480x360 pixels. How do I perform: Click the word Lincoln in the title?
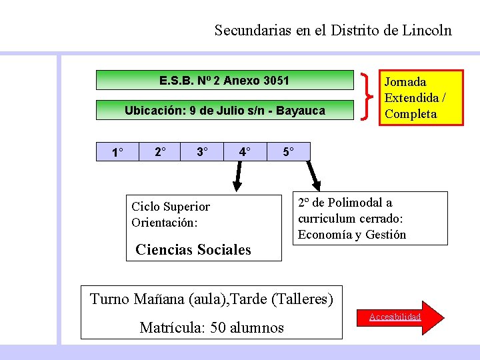(x=427, y=30)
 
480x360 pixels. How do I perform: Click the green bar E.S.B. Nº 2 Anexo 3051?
(x=225, y=81)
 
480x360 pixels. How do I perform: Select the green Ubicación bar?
(x=225, y=111)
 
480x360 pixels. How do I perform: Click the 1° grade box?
(x=117, y=153)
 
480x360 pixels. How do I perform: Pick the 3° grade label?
(x=202, y=152)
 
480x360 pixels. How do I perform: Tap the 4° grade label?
(x=245, y=152)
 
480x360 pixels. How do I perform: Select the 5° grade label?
(x=288, y=152)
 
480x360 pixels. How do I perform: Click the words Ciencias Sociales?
(x=193, y=250)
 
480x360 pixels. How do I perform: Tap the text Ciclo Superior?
(x=171, y=207)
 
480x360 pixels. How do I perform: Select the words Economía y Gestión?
(x=352, y=234)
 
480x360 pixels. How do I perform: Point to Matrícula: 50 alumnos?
(x=212, y=327)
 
